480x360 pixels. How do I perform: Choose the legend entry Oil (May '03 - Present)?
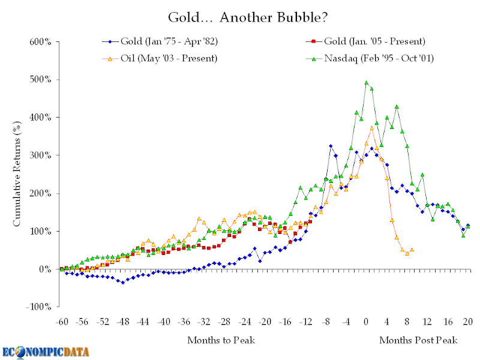tap(167, 59)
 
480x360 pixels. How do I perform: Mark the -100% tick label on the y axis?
tap(38, 307)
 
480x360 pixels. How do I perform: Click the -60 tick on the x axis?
tap(61, 322)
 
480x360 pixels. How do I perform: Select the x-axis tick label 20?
tap(467, 322)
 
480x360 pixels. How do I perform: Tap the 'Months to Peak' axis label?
tap(221, 340)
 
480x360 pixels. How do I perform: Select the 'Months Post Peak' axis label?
tap(418, 340)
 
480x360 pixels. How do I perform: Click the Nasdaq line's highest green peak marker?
tap(366, 83)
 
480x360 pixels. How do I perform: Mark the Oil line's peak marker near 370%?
tap(371, 128)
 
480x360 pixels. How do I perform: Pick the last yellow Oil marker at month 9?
tap(412, 250)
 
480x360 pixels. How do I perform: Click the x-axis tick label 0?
tap(366, 322)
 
